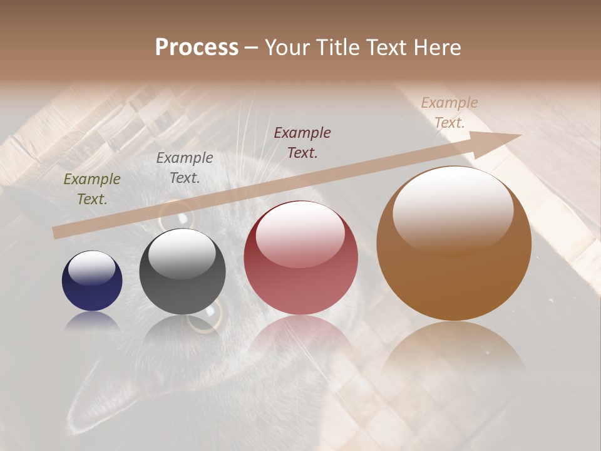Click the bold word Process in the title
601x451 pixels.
click(x=197, y=48)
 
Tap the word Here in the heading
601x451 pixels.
click(x=438, y=48)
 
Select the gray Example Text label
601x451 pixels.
click(x=185, y=168)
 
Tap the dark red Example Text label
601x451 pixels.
click(x=302, y=142)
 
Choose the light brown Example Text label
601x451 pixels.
click(x=449, y=113)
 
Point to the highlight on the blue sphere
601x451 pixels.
click(x=92, y=267)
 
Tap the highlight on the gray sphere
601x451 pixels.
click(x=182, y=252)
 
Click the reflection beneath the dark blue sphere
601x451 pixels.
click(x=92, y=321)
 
